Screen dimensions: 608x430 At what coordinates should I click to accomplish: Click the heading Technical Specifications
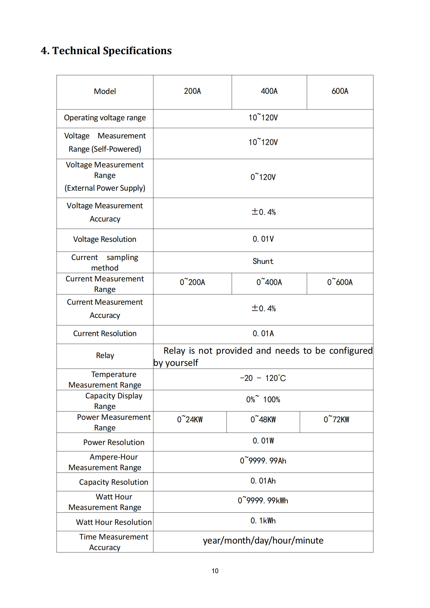(x=106, y=51)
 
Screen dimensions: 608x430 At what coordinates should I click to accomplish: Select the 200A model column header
(x=192, y=91)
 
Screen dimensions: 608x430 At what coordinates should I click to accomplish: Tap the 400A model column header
(x=269, y=91)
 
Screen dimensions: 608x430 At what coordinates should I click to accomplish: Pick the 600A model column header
(x=340, y=91)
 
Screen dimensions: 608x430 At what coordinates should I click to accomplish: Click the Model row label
(x=105, y=92)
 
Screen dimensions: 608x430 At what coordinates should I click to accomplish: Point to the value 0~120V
(x=263, y=177)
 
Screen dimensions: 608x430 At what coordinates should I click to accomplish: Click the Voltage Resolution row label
(x=105, y=239)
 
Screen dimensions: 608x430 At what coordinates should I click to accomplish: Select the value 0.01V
(x=263, y=239)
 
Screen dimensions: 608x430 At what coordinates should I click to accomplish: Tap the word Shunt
(x=263, y=261)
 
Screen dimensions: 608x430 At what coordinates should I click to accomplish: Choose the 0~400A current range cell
(x=269, y=282)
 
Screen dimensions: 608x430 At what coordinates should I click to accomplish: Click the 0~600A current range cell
(x=340, y=282)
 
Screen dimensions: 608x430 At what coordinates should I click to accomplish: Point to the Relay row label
(x=105, y=355)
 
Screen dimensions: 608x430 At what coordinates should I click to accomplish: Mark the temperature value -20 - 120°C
(x=263, y=378)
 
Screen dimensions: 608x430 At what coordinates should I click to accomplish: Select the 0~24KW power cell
(x=190, y=420)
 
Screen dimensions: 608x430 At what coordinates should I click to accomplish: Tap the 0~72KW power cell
(x=336, y=420)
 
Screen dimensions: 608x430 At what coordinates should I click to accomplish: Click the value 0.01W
(x=263, y=441)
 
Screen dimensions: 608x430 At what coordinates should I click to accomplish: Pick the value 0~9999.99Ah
(x=263, y=461)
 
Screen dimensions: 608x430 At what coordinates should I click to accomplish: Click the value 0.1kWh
(x=263, y=521)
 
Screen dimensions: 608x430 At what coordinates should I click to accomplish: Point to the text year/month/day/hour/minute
(x=263, y=541)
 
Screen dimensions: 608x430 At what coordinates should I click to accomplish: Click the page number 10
(x=215, y=571)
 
